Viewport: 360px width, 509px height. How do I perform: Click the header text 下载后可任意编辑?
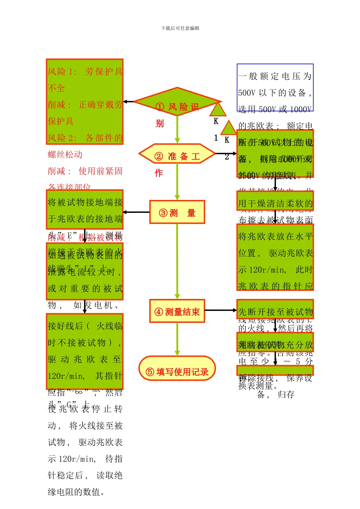pyautogui.click(x=180, y=28)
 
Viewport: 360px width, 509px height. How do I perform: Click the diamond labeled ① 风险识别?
pyautogui.click(x=177, y=102)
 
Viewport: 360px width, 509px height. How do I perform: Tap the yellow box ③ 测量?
pyautogui.click(x=177, y=212)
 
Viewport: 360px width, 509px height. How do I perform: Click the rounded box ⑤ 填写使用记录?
pyautogui.click(x=177, y=368)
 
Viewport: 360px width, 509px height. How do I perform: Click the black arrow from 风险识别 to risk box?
pyautogui.click(x=129, y=101)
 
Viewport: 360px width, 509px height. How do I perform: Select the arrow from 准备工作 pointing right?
pyautogui.click(x=226, y=154)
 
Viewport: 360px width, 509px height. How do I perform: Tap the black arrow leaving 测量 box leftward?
pyautogui.click(x=136, y=212)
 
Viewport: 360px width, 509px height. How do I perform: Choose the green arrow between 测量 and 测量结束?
pyautogui.click(x=177, y=261)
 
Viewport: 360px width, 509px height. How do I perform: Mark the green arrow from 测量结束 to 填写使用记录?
pyautogui.click(x=177, y=339)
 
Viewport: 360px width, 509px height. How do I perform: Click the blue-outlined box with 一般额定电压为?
pyautogui.click(x=275, y=87)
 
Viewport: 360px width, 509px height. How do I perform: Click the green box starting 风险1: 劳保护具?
pyautogui.click(x=85, y=101)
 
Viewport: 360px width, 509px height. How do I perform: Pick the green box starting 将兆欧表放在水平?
pyautogui.click(x=275, y=257)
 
